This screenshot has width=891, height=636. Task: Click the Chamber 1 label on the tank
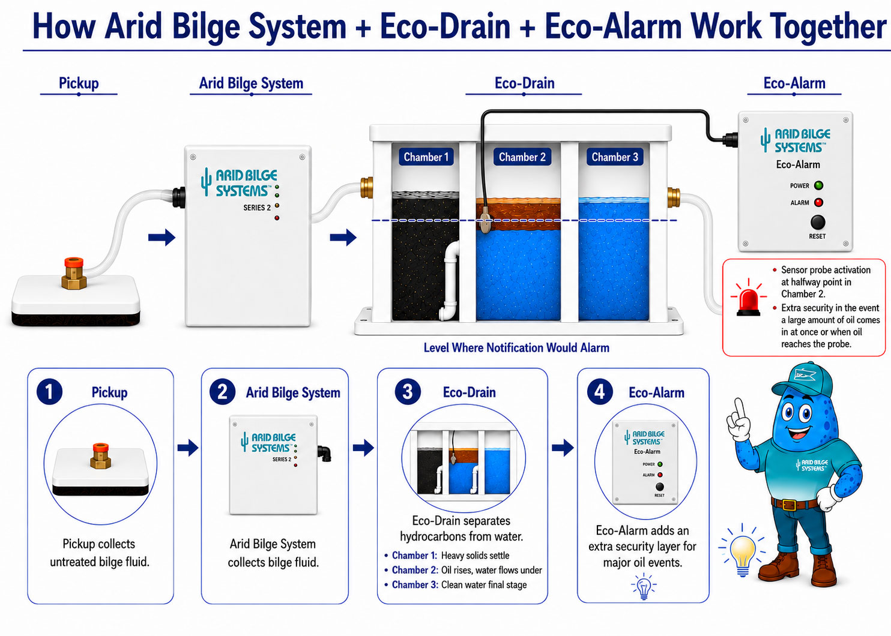(x=426, y=157)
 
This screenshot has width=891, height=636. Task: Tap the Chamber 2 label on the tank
(x=522, y=157)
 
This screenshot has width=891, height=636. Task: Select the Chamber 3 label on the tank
(x=615, y=157)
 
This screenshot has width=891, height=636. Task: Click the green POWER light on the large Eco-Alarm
(x=818, y=185)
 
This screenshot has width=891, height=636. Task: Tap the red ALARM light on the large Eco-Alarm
(x=818, y=202)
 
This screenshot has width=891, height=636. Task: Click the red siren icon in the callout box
(x=748, y=298)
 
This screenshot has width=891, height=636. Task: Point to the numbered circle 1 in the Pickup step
(x=49, y=392)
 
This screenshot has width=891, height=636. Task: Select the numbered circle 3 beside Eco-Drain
(x=407, y=392)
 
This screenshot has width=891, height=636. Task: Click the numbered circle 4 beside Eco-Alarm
(x=600, y=392)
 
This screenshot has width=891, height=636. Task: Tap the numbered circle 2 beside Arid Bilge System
(x=222, y=392)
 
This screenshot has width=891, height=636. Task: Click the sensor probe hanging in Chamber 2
(x=485, y=219)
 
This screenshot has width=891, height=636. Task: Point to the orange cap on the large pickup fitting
(x=74, y=263)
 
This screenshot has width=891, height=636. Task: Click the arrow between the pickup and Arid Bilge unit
(x=162, y=238)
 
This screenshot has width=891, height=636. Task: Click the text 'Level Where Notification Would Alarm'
(x=516, y=348)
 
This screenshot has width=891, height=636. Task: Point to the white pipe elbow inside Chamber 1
(x=450, y=281)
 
